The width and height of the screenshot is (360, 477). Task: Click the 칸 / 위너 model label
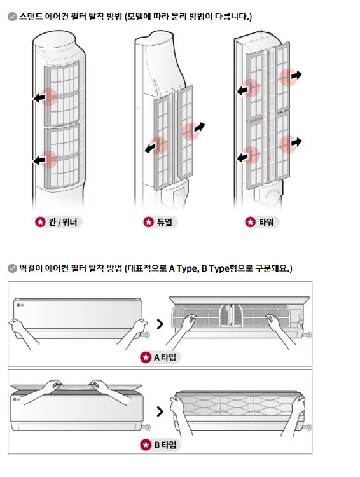pos(63,223)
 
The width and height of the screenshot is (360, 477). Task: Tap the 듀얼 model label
pos(165,223)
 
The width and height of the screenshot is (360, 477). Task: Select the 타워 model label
pos(267,223)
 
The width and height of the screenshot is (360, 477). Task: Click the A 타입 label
pos(165,357)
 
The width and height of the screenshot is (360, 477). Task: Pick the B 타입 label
pos(165,445)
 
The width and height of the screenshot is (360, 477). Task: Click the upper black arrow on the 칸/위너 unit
pos(39,98)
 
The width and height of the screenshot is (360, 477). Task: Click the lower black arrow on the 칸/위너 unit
pos(39,160)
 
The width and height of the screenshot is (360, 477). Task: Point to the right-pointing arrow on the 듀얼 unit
pos(199,127)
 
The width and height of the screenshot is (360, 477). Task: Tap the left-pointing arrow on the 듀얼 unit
pos(151,148)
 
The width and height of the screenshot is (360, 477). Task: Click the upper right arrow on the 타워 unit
pos(296,75)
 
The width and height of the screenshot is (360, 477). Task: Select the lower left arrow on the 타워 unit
pos(242,157)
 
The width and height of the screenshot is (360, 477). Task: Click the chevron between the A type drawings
pos(160,324)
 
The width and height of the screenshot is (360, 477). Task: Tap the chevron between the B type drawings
pos(160,411)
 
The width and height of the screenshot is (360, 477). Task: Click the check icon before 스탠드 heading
pos(12,17)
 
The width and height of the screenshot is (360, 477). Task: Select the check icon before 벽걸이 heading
pos(12,268)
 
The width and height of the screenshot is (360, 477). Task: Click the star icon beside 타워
pos(251,223)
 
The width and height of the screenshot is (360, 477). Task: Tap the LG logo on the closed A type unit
pos(20,305)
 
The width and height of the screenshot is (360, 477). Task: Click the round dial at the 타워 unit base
pos(273,198)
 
